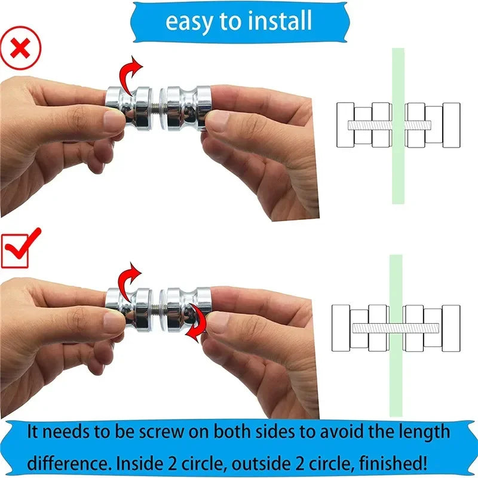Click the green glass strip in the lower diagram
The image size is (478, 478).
(x=396, y=382)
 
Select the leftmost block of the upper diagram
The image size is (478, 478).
(x=345, y=125)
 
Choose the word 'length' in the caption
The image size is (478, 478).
(x=418, y=433)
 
